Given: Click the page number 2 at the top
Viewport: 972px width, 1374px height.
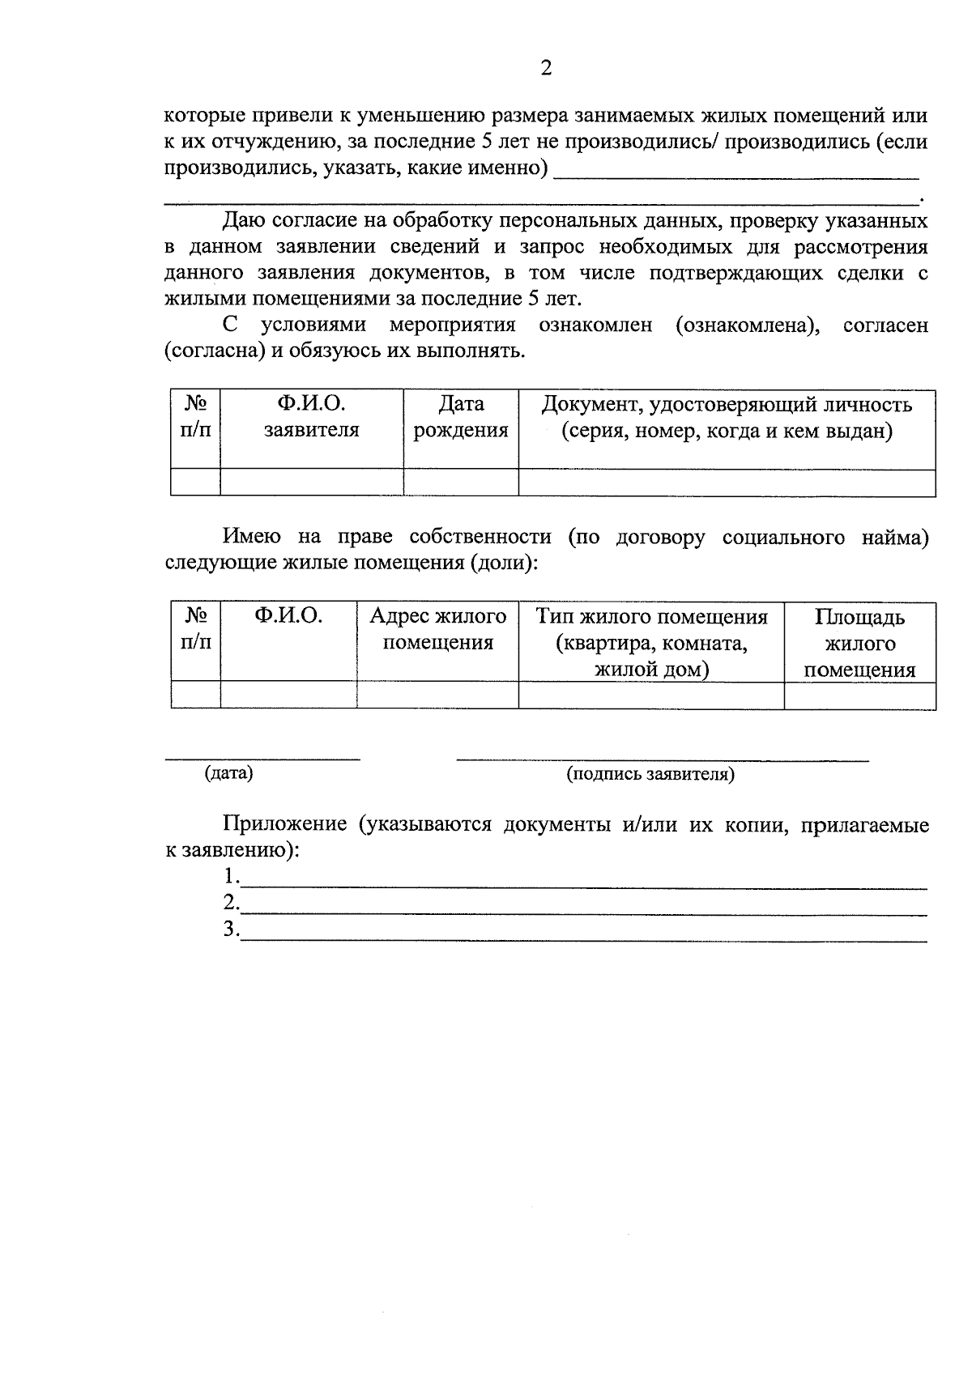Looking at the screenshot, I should pyautogui.click(x=545, y=68).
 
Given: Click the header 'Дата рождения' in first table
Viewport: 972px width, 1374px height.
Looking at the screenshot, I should pyautogui.click(x=461, y=417).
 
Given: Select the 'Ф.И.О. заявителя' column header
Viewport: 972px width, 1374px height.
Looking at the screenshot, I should pyautogui.click(x=311, y=417).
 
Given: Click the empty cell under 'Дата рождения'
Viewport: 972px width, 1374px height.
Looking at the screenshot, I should pyautogui.click(x=461, y=483).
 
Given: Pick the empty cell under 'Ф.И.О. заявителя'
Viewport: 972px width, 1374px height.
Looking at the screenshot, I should pyautogui.click(x=311, y=483).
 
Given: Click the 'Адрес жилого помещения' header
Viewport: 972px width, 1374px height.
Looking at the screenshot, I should pyautogui.click(x=437, y=629).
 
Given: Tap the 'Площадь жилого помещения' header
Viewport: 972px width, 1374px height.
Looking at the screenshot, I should pyautogui.click(x=859, y=643).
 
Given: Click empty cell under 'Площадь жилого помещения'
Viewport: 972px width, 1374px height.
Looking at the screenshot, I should pyautogui.click(x=859, y=696).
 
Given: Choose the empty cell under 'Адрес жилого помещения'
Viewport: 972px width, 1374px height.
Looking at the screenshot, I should pyautogui.click(x=437, y=696).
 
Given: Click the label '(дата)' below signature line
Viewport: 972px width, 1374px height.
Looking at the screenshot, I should pyautogui.click(x=229, y=773).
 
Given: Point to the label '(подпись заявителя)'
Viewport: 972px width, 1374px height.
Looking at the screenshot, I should pyautogui.click(x=650, y=775).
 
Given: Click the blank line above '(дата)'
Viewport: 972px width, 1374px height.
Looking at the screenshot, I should pyautogui.click(x=262, y=757).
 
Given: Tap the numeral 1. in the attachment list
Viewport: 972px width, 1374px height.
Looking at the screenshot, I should pyautogui.click(x=232, y=877).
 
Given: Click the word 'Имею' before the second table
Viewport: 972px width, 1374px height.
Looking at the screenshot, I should pyautogui.click(x=252, y=536).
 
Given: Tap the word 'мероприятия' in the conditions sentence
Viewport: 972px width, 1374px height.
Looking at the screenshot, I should pyautogui.click(x=452, y=325).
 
